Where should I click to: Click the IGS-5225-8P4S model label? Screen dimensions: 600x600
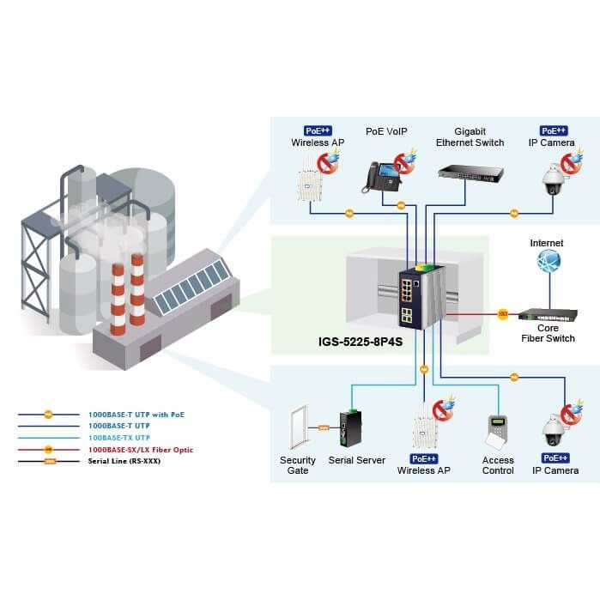(x=361, y=342)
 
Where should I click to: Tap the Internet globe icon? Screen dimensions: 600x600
(x=548, y=261)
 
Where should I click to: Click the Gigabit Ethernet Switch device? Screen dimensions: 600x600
(x=470, y=173)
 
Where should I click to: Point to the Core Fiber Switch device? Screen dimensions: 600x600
(x=548, y=314)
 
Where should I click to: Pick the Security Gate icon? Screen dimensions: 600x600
(x=299, y=427)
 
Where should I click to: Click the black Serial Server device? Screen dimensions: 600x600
(x=350, y=427)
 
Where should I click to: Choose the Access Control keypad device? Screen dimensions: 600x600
(x=497, y=432)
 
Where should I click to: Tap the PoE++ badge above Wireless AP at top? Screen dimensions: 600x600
(x=318, y=130)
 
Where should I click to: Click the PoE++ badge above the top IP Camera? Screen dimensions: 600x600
(x=554, y=130)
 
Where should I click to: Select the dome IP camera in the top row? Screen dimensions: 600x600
(x=553, y=179)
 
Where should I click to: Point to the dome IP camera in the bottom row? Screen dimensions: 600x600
(x=554, y=430)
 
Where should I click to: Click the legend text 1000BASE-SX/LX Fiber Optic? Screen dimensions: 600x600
(x=141, y=450)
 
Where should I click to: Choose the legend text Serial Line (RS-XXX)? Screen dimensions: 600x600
(x=124, y=461)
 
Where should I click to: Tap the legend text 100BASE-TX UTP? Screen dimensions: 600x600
(x=119, y=438)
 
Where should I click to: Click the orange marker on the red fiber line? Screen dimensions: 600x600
(x=503, y=314)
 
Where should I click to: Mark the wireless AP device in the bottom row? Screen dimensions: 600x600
(x=423, y=426)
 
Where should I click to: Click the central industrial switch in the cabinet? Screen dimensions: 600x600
(x=421, y=296)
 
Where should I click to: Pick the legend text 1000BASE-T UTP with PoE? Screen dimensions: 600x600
(x=136, y=415)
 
